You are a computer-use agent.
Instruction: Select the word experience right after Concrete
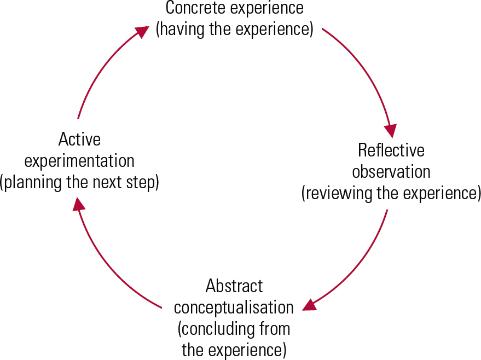pos(265,9)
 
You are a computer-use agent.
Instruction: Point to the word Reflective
pos(391,150)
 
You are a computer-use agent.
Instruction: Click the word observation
pos(391,171)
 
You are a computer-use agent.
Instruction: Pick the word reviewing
pos(339,194)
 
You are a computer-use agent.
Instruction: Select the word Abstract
pos(234,286)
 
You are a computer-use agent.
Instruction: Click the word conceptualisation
pos(234,308)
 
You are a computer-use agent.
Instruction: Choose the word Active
pos(79,139)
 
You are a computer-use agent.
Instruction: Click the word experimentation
pos(79,161)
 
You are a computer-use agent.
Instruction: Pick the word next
pos(107,183)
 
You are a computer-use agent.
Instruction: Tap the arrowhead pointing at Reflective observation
pos(391,131)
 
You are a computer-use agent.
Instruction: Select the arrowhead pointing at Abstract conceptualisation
pos(309,305)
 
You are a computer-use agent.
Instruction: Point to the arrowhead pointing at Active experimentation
pos(79,204)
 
